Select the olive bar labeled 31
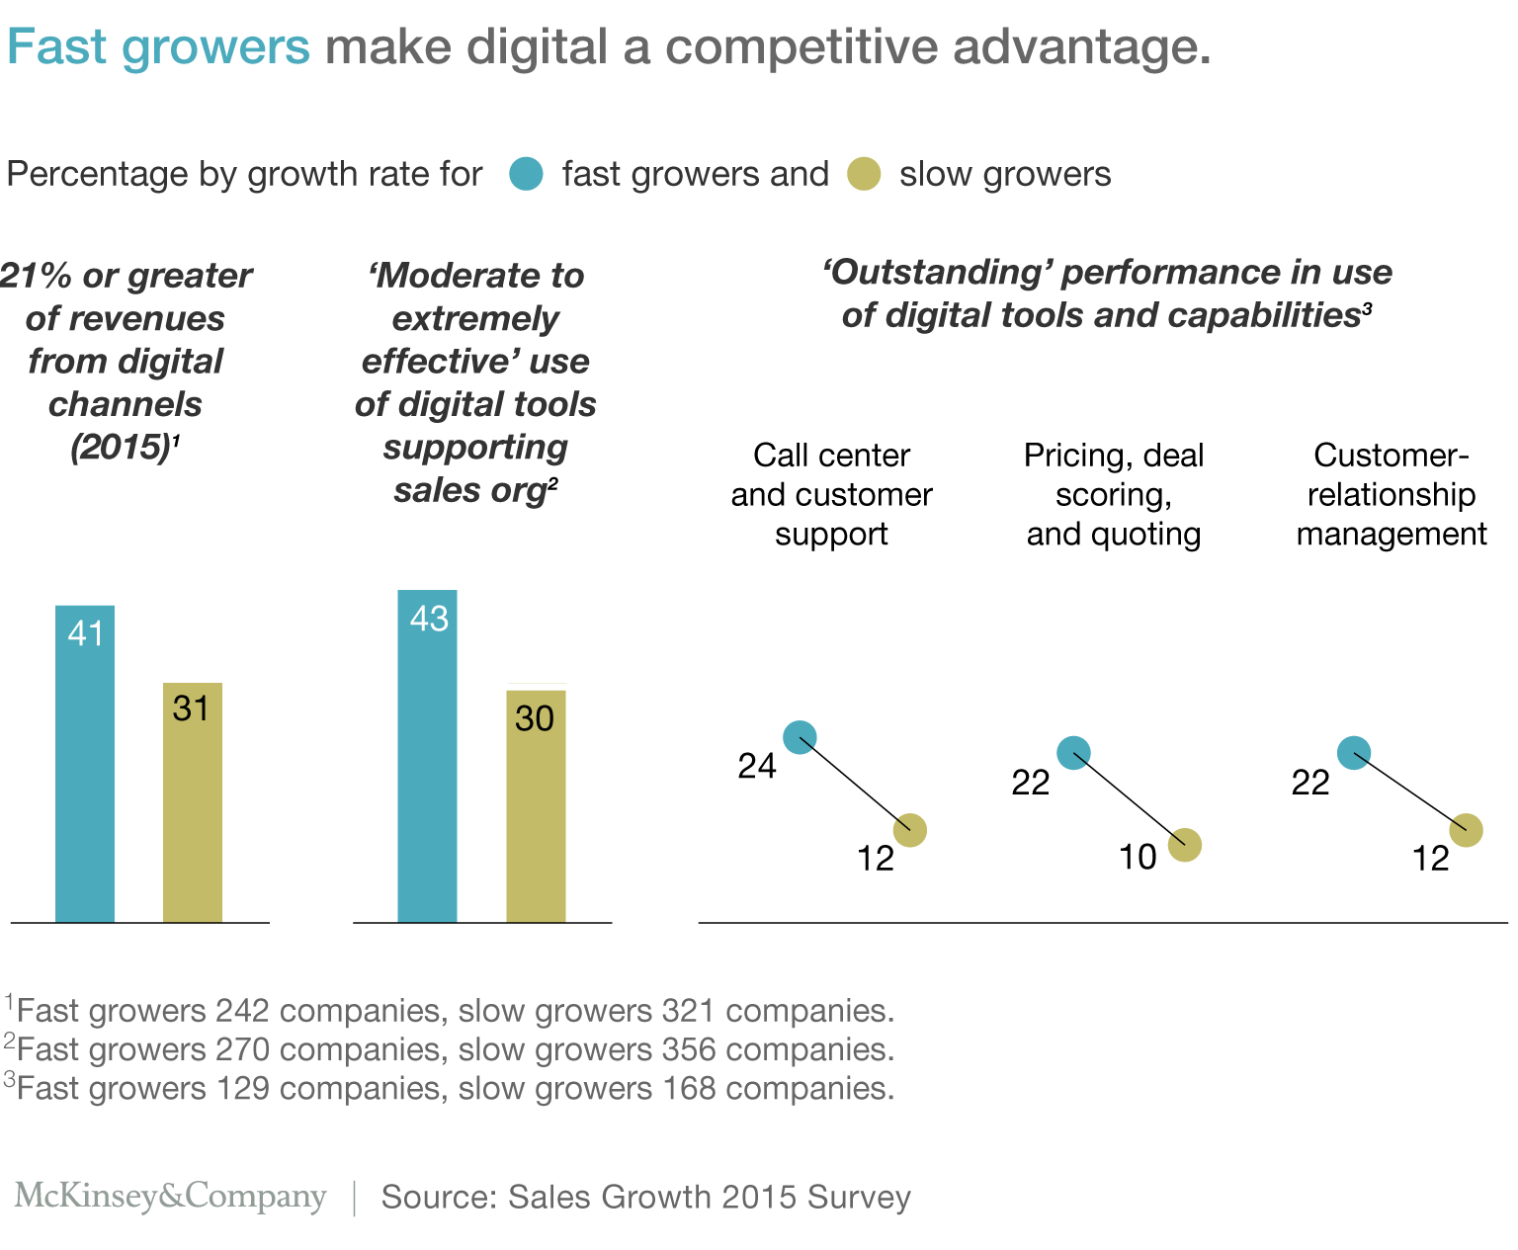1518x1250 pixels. [193, 801]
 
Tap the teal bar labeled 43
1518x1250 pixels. [427, 756]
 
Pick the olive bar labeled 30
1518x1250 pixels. [536, 805]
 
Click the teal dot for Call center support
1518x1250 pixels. [800, 737]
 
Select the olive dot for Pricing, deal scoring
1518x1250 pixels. [1184, 845]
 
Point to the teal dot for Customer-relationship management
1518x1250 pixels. [1354, 753]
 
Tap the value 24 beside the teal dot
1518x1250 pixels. [757, 766]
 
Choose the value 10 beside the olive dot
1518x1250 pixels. [1138, 857]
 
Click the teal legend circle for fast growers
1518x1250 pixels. [526, 174]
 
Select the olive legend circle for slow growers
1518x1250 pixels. [864, 174]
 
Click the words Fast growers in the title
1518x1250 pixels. [158, 47]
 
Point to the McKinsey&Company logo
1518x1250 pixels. [170, 1196]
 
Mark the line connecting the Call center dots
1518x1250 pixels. [855, 784]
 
